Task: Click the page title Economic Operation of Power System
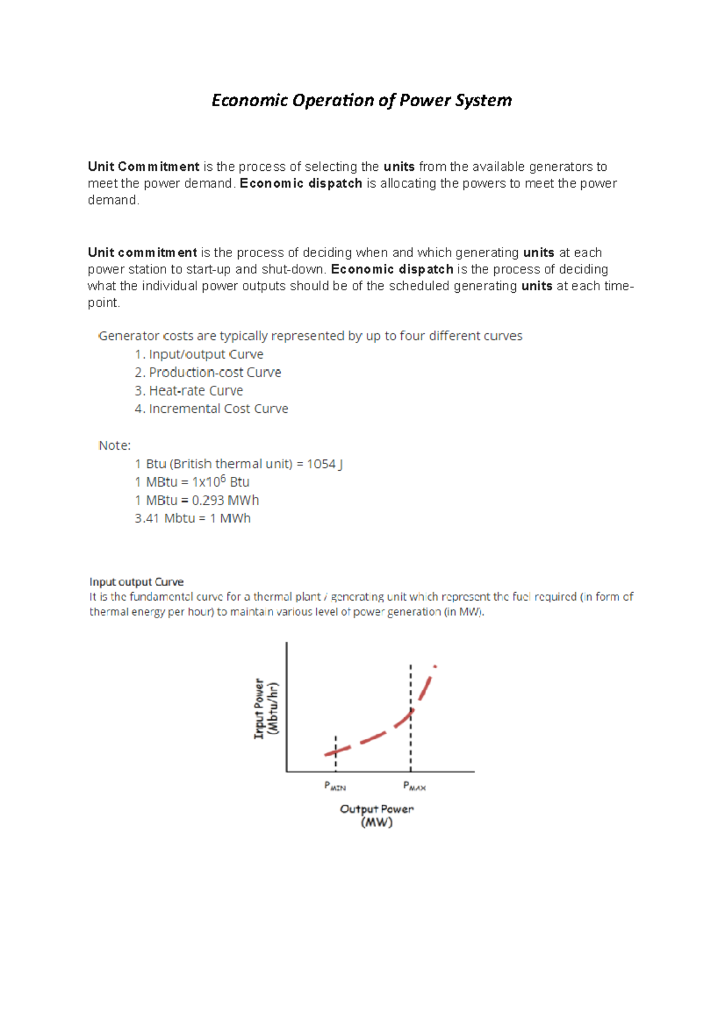(361, 100)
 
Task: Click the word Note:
(114, 445)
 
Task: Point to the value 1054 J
(324, 464)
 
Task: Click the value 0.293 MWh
(225, 500)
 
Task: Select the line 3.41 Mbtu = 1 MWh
(192, 518)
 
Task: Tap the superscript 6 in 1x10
(223, 479)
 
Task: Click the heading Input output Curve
(137, 582)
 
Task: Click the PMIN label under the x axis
(335, 787)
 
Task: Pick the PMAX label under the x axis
(414, 787)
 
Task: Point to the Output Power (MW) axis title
(376, 816)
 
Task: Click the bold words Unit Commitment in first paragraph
(143, 167)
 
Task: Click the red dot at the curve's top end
(435, 666)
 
